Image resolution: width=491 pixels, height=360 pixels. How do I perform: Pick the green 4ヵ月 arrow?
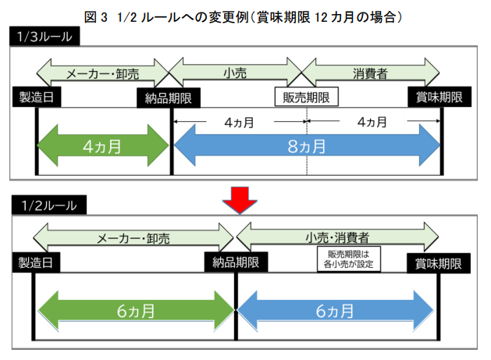click(x=103, y=146)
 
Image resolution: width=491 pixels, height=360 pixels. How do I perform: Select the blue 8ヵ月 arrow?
click(x=307, y=146)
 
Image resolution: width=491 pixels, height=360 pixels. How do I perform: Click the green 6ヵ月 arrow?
click(x=135, y=309)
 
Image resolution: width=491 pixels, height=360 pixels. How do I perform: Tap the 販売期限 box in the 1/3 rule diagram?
click(x=305, y=97)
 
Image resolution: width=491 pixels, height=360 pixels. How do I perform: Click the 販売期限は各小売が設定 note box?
click(x=347, y=259)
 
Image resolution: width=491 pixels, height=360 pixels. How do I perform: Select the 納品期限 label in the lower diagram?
click(x=236, y=261)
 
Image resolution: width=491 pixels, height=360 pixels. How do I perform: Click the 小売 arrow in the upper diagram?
click(x=236, y=73)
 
